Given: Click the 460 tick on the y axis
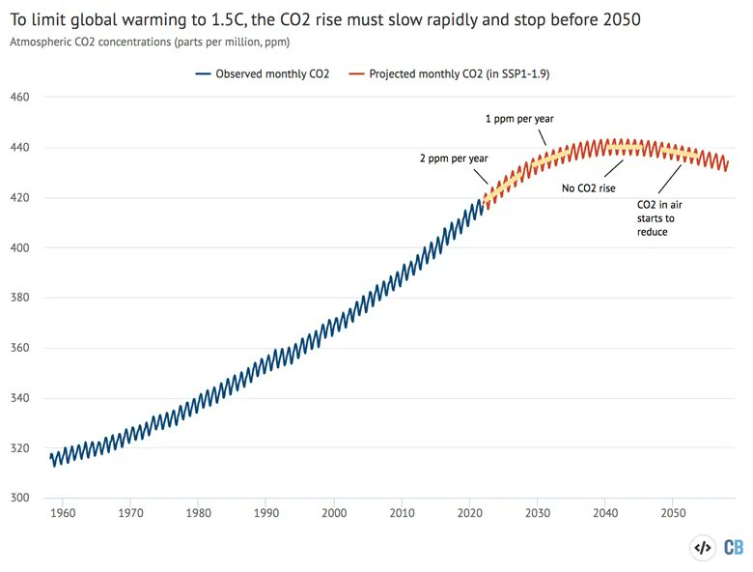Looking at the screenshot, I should [x=21, y=98].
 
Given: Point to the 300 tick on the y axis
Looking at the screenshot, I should [x=21, y=499].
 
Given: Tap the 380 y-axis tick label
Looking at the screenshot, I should [x=21, y=299].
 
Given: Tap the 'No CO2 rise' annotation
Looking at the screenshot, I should [x=588, y=188].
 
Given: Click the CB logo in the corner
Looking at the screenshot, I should [x=734, y=548].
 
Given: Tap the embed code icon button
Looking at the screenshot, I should [x=703, y=548].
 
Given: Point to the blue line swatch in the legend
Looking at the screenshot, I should [x=202, y=73].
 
